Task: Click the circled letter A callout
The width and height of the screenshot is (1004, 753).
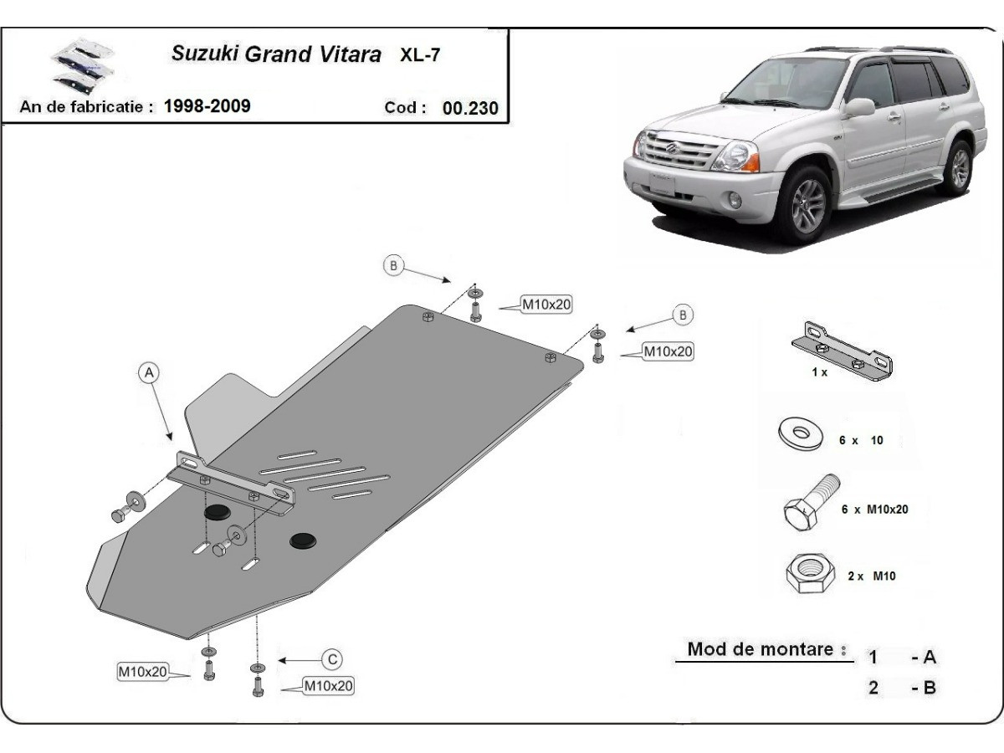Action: (149, 373)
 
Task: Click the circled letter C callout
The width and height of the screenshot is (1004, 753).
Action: (332, 659)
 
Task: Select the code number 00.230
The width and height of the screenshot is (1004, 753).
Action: (470, 108)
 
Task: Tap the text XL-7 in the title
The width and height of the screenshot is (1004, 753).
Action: (423, 56)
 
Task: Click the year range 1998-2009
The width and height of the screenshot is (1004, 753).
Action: (207, 106)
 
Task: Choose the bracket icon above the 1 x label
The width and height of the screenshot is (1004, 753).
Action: (841, 351)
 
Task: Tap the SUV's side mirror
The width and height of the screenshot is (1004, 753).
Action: (860, 107)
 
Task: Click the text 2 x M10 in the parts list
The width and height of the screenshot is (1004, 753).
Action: (872, 576)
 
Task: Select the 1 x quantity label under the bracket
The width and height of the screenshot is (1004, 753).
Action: (819, 372)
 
